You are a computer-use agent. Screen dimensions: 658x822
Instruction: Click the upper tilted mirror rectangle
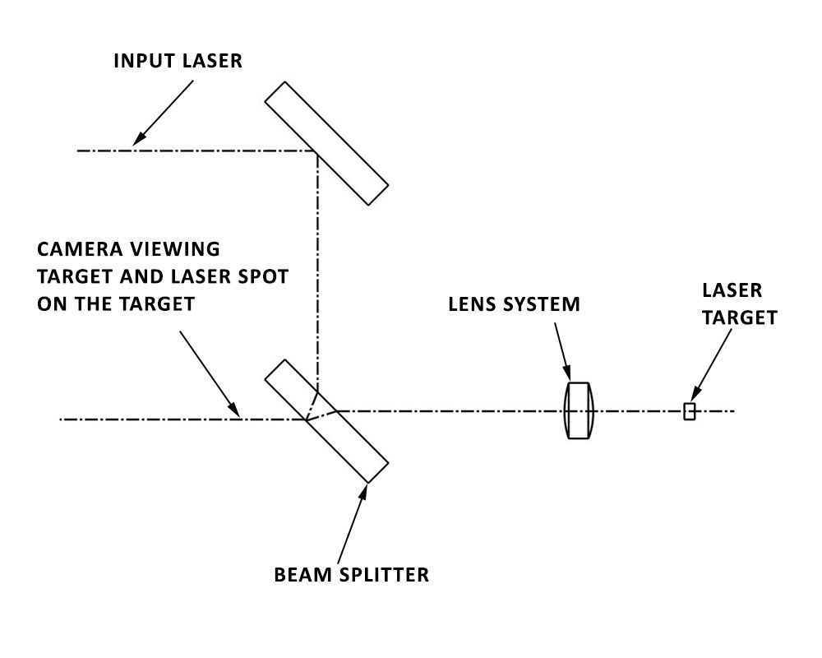tap(326, 142)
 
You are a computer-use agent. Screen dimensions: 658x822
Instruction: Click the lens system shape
tap(579, 410)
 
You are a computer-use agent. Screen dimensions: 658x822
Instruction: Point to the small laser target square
tap(689, 411)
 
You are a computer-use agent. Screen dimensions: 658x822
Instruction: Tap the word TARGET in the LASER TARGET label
tap(739, 318)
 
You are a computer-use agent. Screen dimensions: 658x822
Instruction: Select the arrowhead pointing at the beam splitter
tap(365, 491)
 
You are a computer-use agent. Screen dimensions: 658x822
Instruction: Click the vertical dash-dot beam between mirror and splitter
tap(317, 263)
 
